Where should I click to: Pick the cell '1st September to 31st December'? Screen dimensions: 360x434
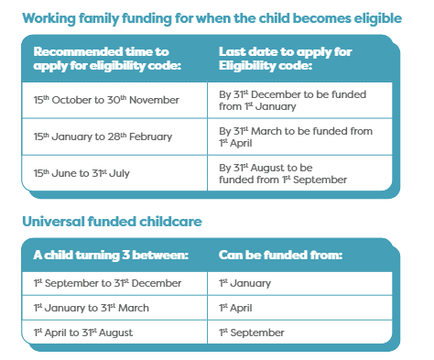pyautogui.click(x=108, y=284)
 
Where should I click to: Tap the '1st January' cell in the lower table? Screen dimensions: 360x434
pyautogui.click(x=242, y=284)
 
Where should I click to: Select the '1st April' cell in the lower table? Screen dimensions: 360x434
pyautogui.click(x=235, y=308)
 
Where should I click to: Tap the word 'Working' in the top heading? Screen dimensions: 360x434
pyautogui.click(x=52, y=17)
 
